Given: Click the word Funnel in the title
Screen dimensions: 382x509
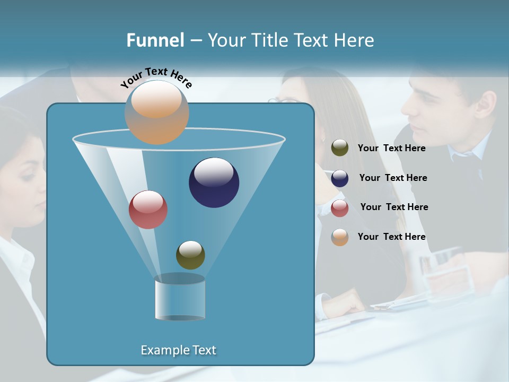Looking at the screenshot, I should (x=155, y=40).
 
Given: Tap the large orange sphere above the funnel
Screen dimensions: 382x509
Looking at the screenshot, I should (x=157, y=112).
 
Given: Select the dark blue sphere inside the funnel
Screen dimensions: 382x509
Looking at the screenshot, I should (x=214, y=183).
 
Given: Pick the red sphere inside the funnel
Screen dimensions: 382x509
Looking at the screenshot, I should (x=148, y=210).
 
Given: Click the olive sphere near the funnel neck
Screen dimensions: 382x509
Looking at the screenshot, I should (x=190, y=255).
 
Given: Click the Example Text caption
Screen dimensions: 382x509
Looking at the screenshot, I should (x=178, y=350).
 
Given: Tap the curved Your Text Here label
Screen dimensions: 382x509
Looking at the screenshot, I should (x=156, y=77).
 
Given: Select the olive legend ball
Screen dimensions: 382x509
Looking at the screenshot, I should (x=340, y=147).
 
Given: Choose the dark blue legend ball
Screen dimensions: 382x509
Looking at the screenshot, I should (x=340, y=178).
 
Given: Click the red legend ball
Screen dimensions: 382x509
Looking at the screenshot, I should (x=340, y=208).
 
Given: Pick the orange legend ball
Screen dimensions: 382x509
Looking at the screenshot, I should (x=340, y=237).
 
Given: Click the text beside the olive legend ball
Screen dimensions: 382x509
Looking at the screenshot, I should (x=391, y=148).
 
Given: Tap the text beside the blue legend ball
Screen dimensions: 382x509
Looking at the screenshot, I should (x=393, y=178).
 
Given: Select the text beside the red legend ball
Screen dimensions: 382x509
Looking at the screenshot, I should (x=394, y=207).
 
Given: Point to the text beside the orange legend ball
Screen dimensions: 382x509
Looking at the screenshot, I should (x=391, y=237).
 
